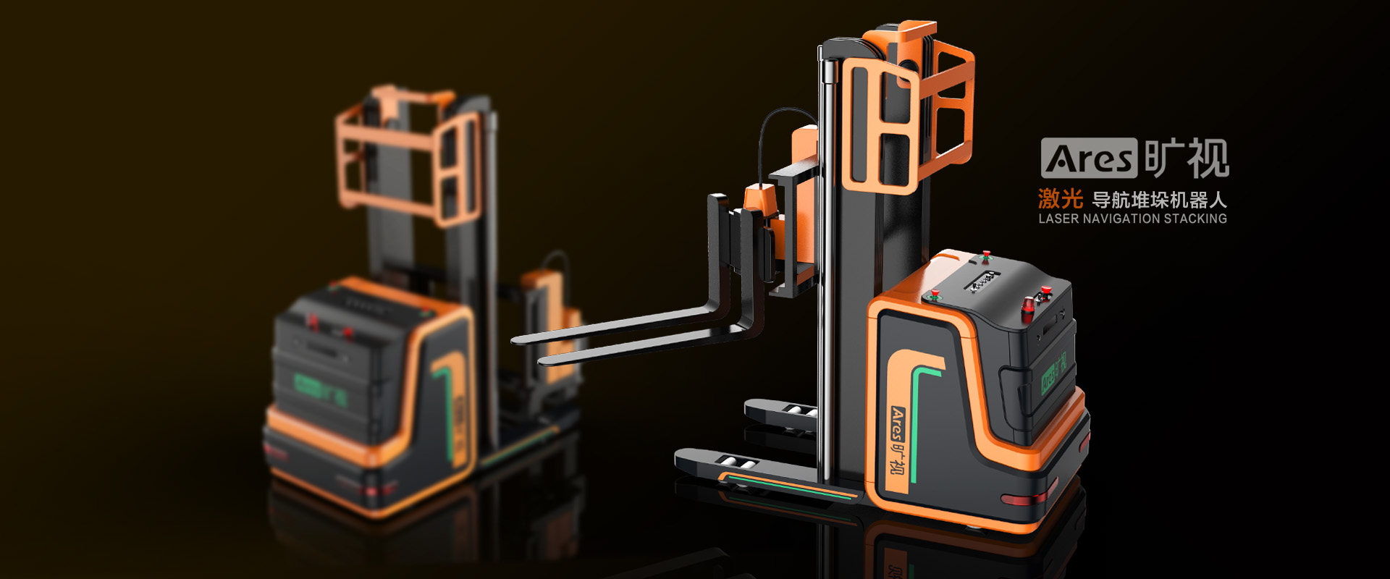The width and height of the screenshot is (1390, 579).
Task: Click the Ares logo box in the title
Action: pos(1089,158)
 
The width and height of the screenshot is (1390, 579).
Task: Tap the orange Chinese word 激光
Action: pos(1060,198)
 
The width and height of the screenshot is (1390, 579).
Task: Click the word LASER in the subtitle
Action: pos(1058,219)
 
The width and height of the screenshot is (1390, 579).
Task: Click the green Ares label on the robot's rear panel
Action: pos(1053,373)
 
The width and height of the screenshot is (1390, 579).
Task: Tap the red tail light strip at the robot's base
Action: pos(1028,498)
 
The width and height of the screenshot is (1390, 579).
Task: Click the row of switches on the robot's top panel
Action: pos(985,282)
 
